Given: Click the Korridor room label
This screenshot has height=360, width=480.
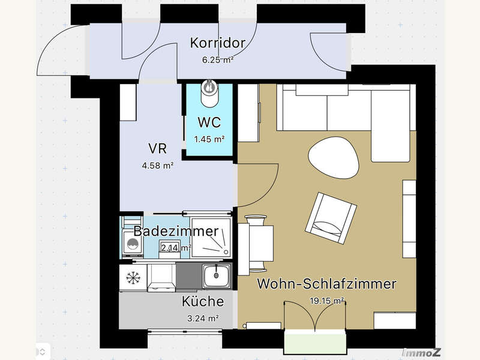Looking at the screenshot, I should point(217,43).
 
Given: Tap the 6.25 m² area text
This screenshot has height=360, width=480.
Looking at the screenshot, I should point(217,59).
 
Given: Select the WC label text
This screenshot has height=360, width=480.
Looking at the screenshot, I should point(209,123).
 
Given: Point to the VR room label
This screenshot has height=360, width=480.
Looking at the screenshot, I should point(157,148).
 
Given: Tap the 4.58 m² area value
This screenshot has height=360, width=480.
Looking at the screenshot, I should point(157,165).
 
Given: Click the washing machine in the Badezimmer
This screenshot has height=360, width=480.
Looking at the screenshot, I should point(131,245).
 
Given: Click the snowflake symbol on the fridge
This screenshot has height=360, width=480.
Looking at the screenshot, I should point(132,277).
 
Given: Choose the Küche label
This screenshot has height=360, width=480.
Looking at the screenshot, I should point(203,301).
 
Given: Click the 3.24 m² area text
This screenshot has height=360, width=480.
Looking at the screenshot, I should point(203,318).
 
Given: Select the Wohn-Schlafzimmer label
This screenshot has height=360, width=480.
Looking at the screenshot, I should point(326,284).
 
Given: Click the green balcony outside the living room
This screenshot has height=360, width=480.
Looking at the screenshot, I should point(316,343).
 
